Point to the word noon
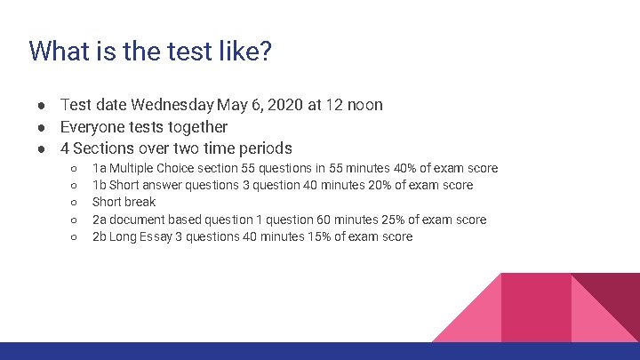pos(365,105)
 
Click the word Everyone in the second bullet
pos(93,127)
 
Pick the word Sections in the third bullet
pos(105,148)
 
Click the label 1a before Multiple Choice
pos(100,168)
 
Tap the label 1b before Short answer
pos(100,185)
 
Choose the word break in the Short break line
pos(140,202)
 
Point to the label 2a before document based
pos(100,220)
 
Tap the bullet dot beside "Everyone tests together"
pos(42,127)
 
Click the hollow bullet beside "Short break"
pos(74,203)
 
